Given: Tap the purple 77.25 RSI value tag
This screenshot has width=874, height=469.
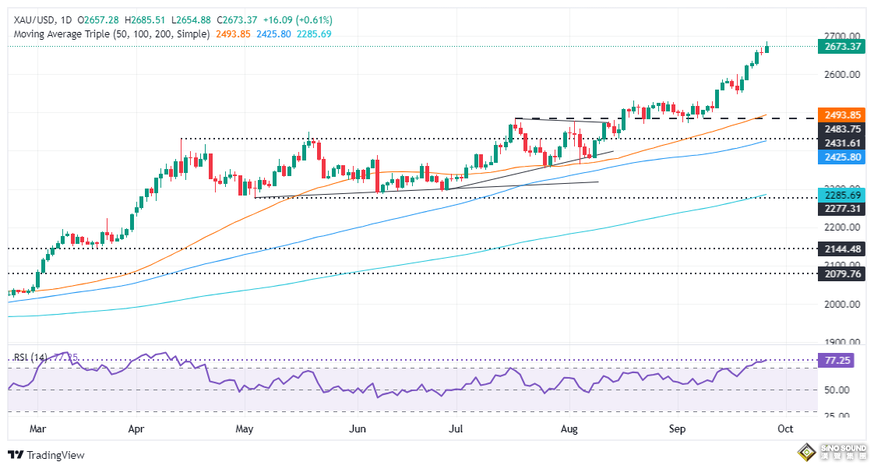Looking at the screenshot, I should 840,361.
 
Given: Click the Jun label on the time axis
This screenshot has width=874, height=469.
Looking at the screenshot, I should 358,428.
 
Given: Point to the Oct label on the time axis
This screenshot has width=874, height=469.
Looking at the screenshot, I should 785,428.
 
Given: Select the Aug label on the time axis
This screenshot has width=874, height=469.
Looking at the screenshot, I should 569,428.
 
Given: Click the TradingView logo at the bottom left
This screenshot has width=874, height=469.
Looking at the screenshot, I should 47,455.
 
